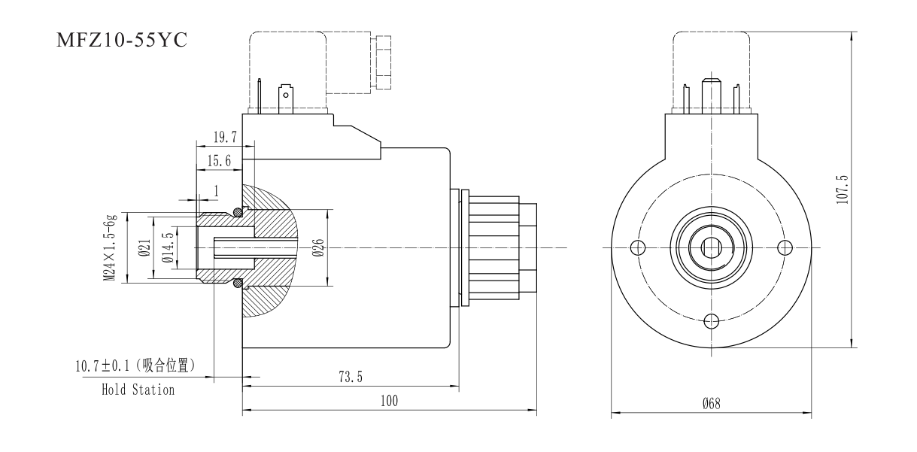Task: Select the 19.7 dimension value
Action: (223, 136)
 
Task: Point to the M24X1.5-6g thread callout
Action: (110, 247)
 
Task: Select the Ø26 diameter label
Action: (318, 247)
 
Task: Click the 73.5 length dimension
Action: (349, 378)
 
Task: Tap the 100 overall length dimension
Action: (389, 402)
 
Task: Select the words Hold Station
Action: (138, 390)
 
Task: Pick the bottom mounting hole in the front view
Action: (711, 321)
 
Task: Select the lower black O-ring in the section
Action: (238, 284)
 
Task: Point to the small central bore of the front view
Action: (711, 247)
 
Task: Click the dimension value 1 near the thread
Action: (216, 192)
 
